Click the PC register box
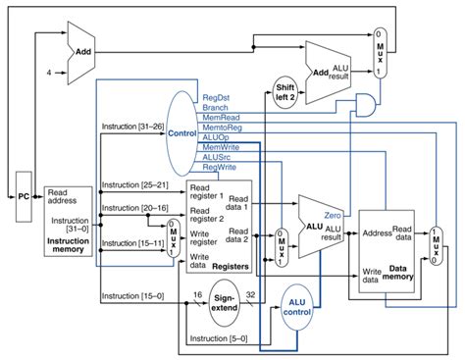(24, 195)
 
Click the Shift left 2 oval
(285, 90)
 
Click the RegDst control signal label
(215, 99)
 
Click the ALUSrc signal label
(217, 157)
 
